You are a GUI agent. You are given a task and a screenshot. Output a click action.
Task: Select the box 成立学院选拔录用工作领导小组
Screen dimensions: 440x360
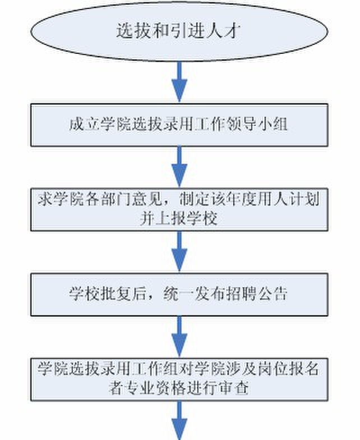coord(179,124)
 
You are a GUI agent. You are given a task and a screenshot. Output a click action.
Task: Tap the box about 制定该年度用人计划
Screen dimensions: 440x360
coord(179,208)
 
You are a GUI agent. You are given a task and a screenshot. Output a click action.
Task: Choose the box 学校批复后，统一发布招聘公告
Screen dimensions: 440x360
coord(179,294)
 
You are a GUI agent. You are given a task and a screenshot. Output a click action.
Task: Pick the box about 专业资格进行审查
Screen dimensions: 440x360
coord(179,378)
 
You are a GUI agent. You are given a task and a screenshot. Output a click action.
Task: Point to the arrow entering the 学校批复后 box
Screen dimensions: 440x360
coord(179,251)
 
